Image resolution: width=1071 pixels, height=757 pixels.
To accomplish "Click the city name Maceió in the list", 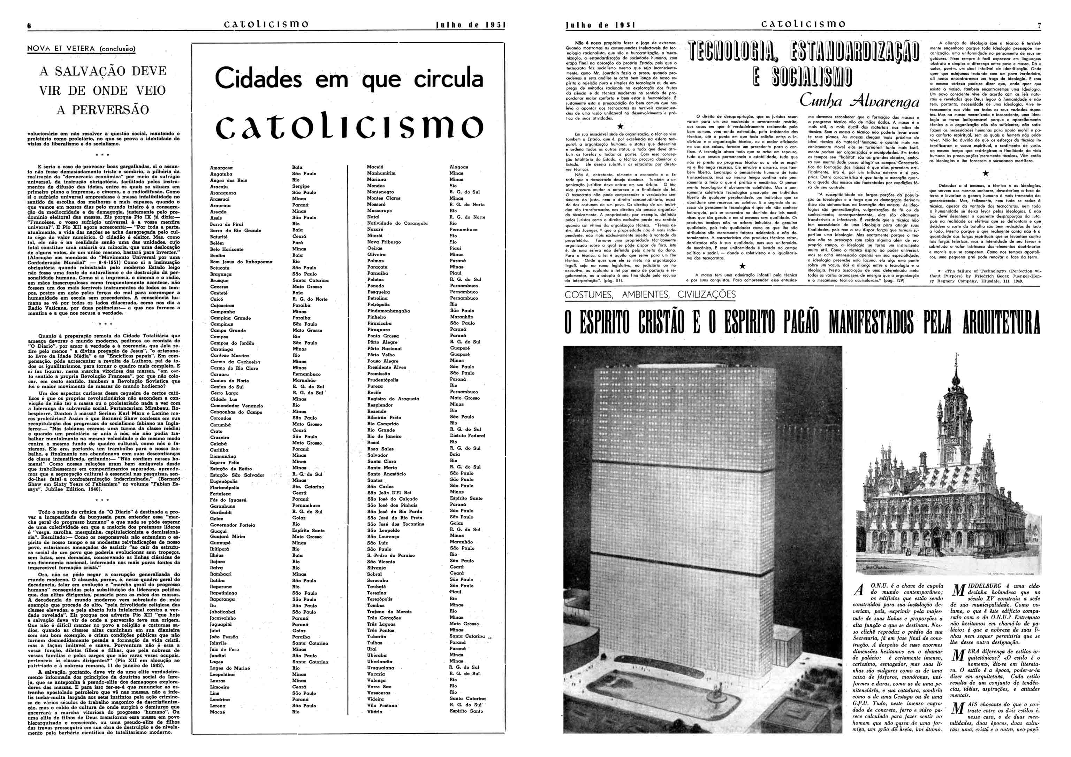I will pos(375,167).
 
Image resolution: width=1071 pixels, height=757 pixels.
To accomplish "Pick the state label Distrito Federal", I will pos(468,435).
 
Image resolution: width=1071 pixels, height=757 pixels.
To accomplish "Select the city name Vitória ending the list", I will pos(374,712).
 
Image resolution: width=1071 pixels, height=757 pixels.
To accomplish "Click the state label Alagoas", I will pos(459,167).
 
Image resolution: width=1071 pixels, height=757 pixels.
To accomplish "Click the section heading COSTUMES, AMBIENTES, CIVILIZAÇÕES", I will pos(650,295).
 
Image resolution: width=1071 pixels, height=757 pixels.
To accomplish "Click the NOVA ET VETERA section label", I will pos(81,48).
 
